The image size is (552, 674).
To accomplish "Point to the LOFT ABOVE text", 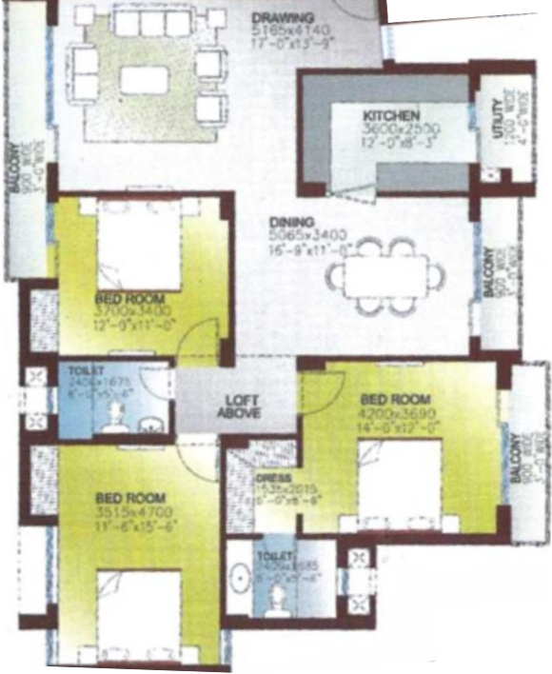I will [x=243, y=406].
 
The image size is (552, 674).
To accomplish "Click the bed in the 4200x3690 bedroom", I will [x=400, y=490].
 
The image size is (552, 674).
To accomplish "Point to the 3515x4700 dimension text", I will [x=130, y=511].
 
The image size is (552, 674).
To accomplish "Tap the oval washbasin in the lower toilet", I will [x=239, y=580].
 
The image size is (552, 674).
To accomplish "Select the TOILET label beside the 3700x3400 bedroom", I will [x=84, y=371].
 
